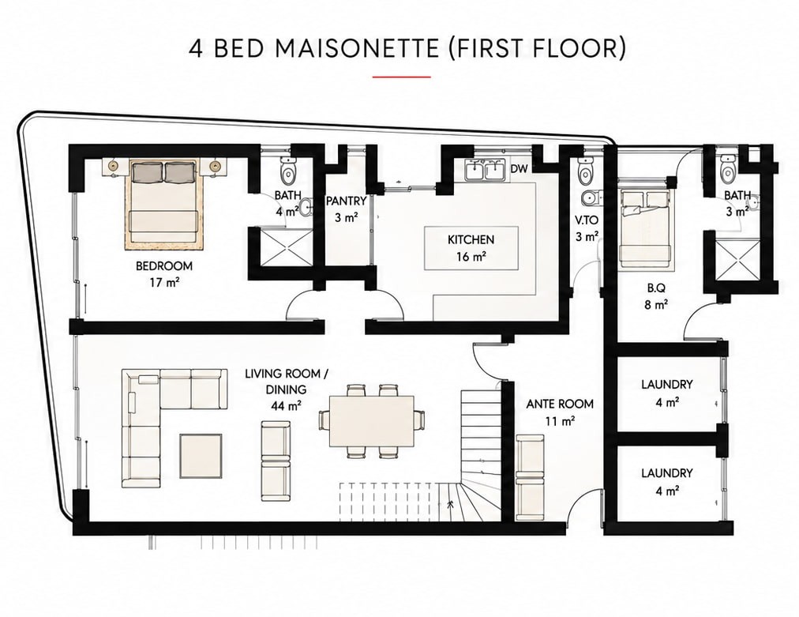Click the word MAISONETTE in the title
pos(357,48)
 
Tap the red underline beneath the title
pos(402,77)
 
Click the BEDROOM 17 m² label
pos(164,273)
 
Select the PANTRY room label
pos(346,201)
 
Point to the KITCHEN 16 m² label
pos(471,247)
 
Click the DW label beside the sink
pos(519,169)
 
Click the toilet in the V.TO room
pos(586,171)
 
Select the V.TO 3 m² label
pos(587,228)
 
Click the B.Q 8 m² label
pos(656,296)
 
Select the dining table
pos(372,420)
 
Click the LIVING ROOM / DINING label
pos(287,389)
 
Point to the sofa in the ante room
pos(530,477)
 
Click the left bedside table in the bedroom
pos(113,166)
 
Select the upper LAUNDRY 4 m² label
pos(666,393)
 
